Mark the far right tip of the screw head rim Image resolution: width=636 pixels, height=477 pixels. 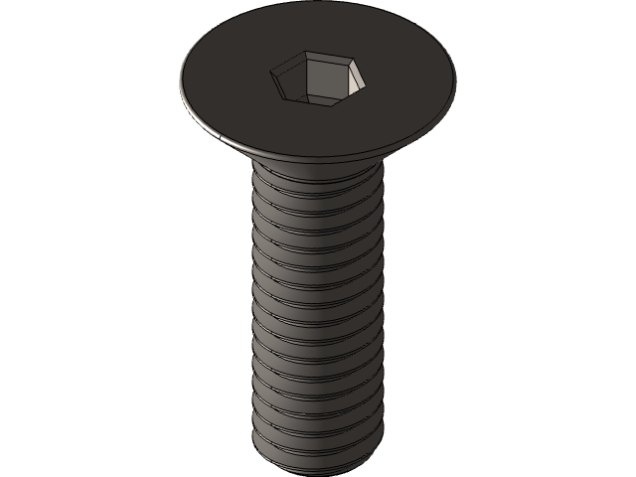pyautogui.click(x=455, y=78)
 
